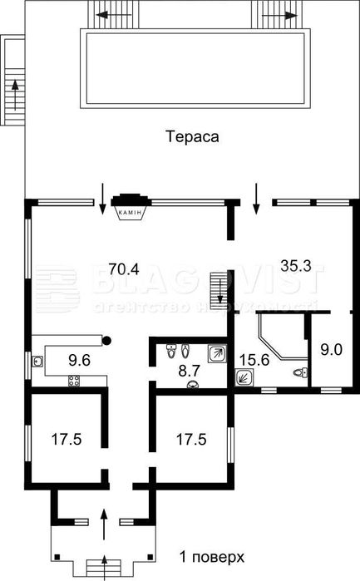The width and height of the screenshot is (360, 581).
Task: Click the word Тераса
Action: pyautogui.click(x=191, y=136)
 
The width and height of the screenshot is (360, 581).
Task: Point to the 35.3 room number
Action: pyautogui.click(x=294, y=267)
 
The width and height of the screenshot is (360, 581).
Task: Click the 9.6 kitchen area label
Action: pyautogui.click(x=80, y=360)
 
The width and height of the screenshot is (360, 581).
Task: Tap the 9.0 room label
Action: pyautogui.click(x=331, y=349)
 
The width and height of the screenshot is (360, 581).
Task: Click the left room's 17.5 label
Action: pyautogui.click(x=66, y=439)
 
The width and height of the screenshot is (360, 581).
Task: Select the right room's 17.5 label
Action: pyautogui.click(x=191, y=439)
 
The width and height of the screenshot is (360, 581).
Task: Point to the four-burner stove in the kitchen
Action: pyautogui.click(x=74, y=382)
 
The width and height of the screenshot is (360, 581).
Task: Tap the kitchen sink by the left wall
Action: pyautogui.click(x=38, y=362)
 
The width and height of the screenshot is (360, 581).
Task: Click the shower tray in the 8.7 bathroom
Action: pyautogui.click(x=218, y=353)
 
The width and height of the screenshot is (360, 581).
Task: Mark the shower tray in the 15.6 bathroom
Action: pyautogui.click(x=245, y=377)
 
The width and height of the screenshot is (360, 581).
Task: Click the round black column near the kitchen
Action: pyautogui.click(x=106, y=339)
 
